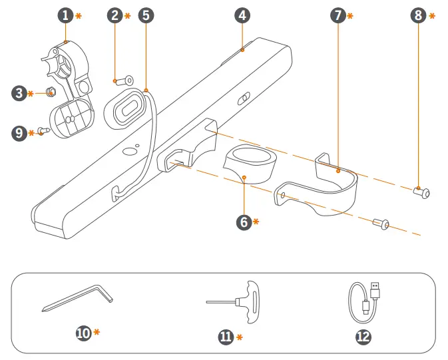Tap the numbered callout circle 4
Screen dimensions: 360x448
[x=242, y=15]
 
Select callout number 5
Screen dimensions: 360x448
[x=145, y=15]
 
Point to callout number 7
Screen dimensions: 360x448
[x=338, y=15]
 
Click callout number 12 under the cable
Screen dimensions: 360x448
[x=363, y=337]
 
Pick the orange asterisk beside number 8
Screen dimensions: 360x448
[x=432, y=15]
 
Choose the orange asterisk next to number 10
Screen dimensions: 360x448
[x=97, y=331]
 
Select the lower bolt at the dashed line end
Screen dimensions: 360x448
[x=382, y=225]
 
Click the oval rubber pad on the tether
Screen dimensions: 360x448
[x=125, y=105]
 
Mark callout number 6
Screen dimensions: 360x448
[x=244, y=222]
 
